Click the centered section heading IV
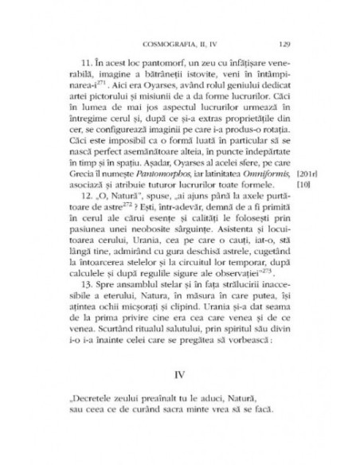coord(179,416)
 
